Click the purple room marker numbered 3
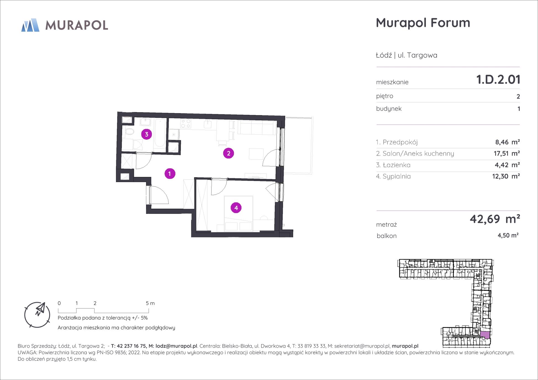[146, 134]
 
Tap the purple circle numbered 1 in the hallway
[170, 174]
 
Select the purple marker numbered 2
[228, 153]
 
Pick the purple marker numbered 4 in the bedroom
[236, 208]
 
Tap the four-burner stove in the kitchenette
[186, 123]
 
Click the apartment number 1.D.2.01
[498, 79]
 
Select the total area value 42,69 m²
[495, 219]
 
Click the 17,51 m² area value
[507, 153]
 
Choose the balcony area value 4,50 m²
[508, 235]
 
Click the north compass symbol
[37, 315]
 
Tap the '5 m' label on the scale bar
[150, 303]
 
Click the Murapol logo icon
[30, 25]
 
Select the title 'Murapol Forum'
[423, 23]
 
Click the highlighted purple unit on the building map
[485, 335]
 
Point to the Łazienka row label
[393, 165]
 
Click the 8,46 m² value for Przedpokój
[508, 142]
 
